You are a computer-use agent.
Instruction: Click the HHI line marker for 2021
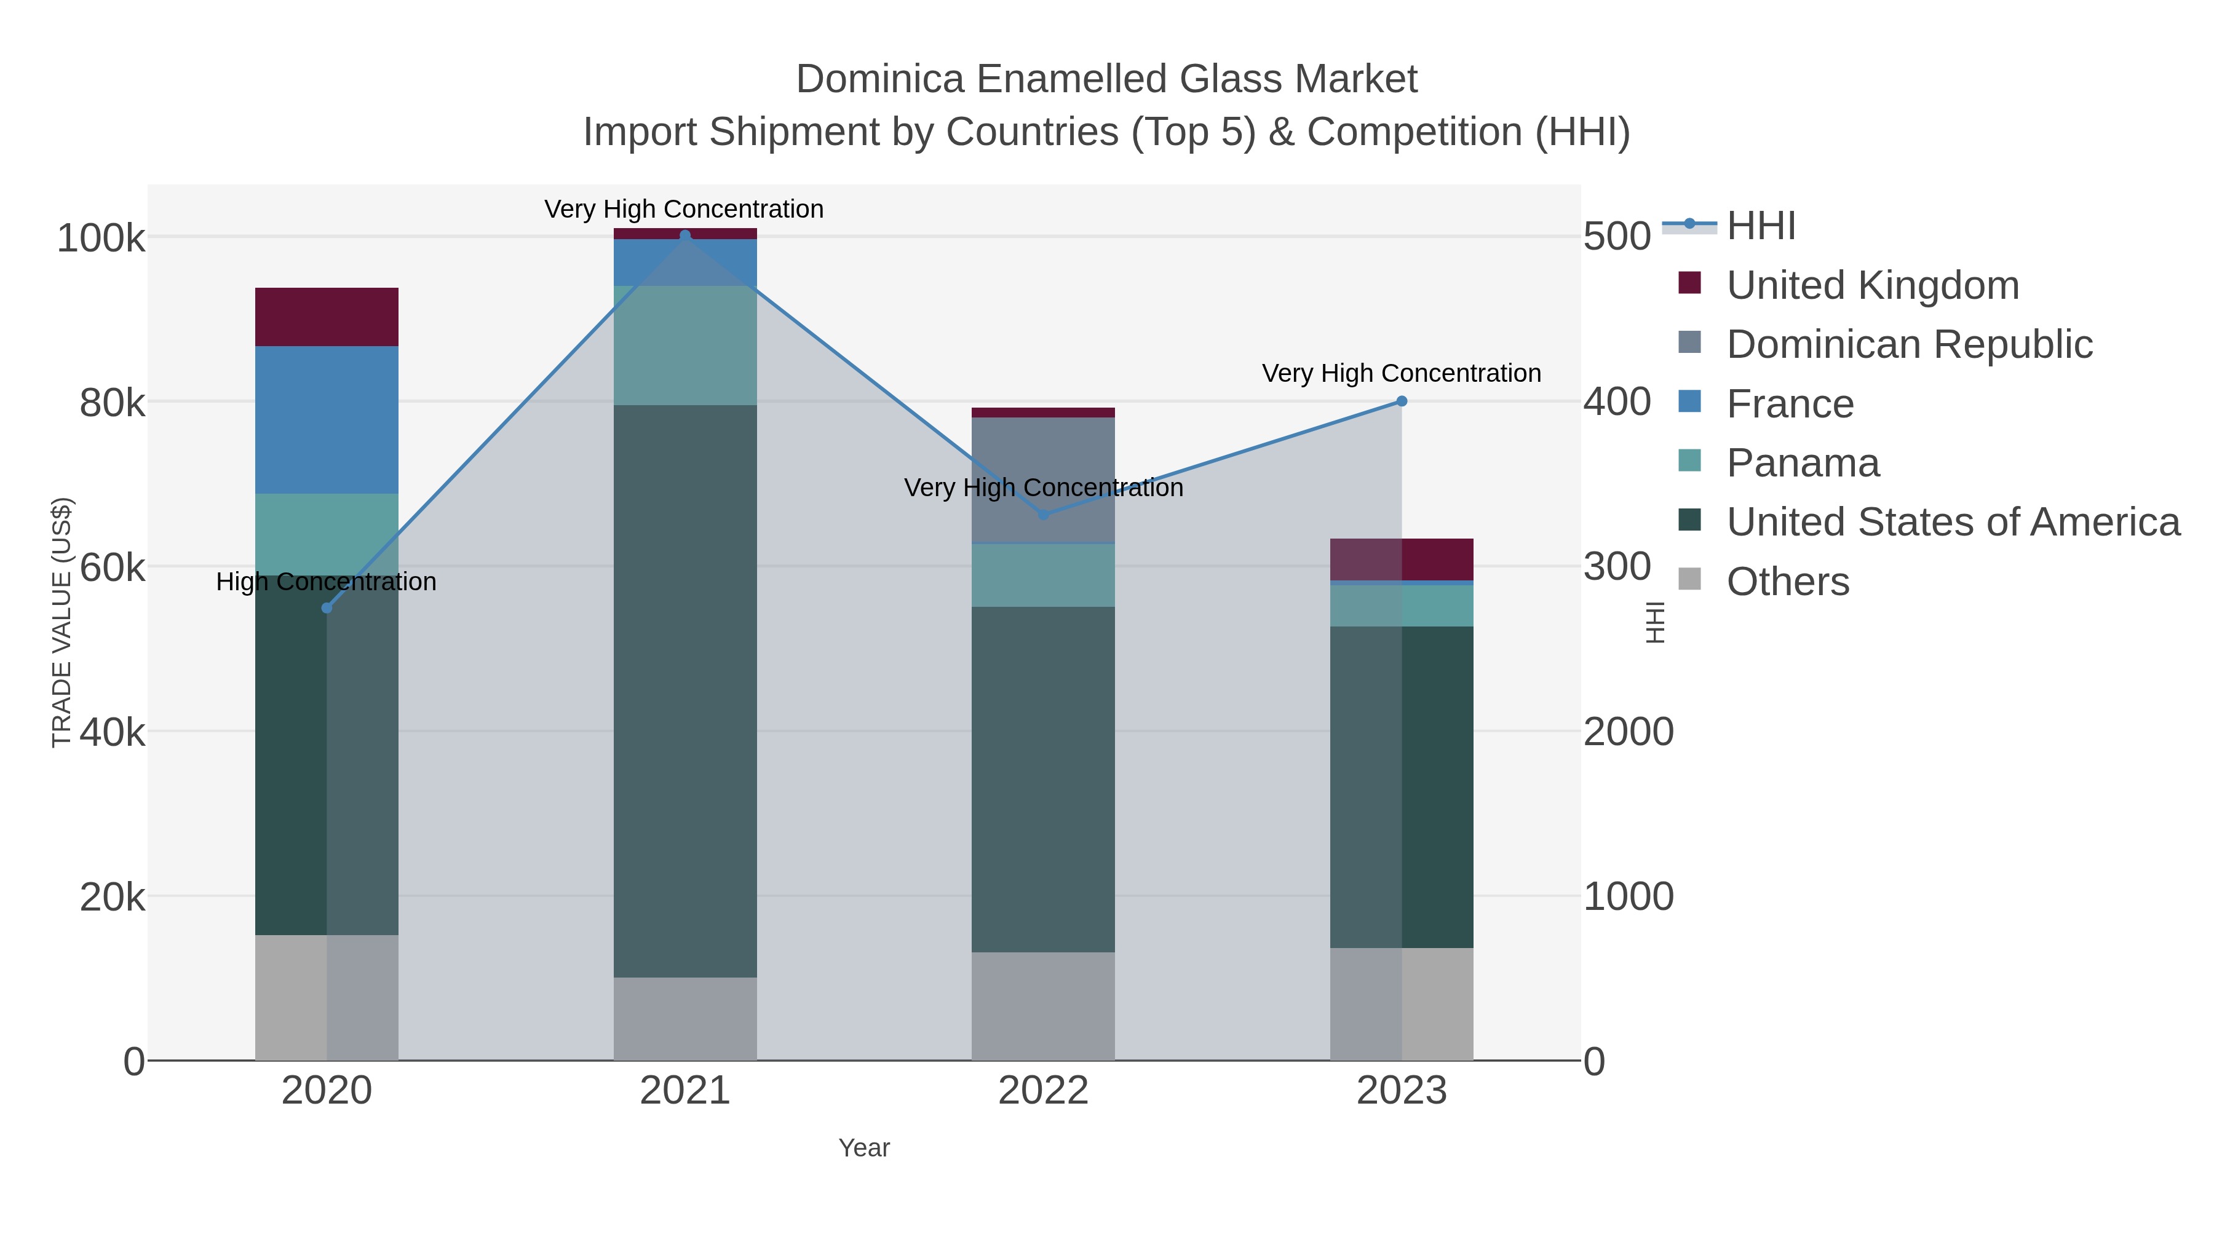(685, 235)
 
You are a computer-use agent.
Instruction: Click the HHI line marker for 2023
(1401, 401)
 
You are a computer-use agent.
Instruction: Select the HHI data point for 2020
(327, 608)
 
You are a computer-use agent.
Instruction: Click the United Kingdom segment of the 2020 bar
(327, 317)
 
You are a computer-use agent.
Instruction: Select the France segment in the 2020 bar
(327, 419)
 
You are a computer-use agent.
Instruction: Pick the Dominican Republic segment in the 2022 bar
(1044, 480)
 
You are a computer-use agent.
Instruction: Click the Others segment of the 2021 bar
(685, 1019)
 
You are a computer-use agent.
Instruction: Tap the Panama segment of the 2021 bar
(685, 346)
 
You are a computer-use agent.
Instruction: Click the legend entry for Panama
(1803, 463)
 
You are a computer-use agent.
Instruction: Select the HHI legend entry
(1760, 226)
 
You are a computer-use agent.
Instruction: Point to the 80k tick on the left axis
(112, 403)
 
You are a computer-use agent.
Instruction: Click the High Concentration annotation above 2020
(327, 582)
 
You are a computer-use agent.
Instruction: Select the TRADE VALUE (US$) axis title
(62, 622)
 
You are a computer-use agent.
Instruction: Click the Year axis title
(864, 1148)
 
